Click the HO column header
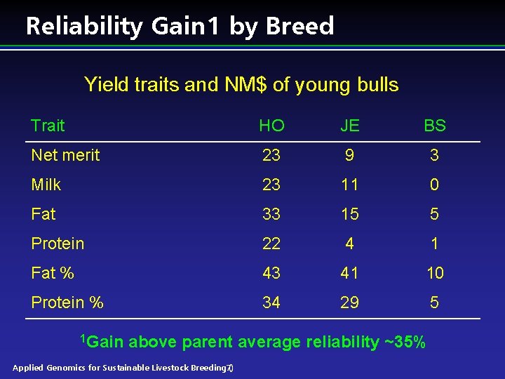[271, 126]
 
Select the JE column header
[349, 126]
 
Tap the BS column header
[434, 126]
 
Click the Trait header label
[48, 126]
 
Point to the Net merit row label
[65, 155]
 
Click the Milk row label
[46, 185]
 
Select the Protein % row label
[67, 302]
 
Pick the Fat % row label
[53, 273]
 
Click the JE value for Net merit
[349, 155]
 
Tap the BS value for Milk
[434, 185]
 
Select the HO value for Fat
[271, 214]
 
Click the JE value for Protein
[349, 244]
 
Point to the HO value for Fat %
[271, 273]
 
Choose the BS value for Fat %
[434, 273]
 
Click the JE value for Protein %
[349, 302]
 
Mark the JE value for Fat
[349, 214]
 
